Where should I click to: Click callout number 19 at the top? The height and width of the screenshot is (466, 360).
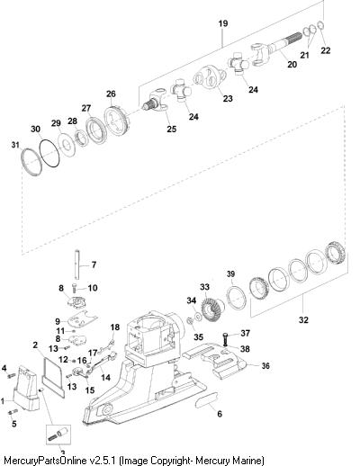[223, 23]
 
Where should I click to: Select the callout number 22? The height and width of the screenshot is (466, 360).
[325, 50]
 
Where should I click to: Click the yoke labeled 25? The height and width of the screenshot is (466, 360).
[156, 101]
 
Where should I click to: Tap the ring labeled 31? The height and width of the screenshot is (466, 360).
[31, 161]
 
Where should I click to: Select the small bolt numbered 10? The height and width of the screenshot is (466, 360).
[75, 288]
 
